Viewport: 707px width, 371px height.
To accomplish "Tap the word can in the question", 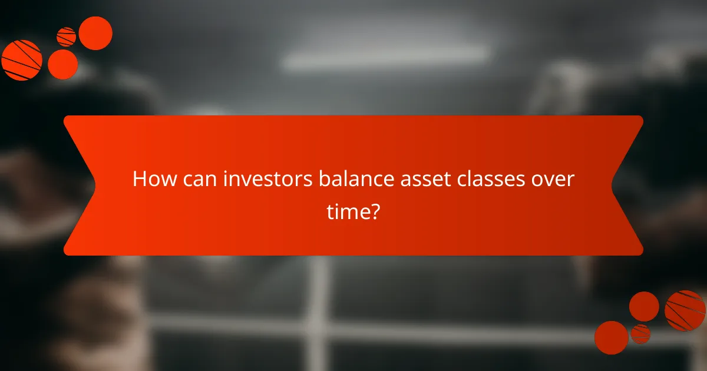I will (199, 179).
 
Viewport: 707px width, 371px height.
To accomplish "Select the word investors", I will (268, 179).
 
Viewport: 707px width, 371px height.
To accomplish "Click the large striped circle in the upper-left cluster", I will (22, 60).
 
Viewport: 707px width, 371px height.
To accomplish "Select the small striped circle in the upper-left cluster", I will (67, 37).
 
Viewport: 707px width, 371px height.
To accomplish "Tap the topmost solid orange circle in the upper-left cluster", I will (95, 33).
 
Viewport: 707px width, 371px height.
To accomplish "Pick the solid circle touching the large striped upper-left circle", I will (62, 64).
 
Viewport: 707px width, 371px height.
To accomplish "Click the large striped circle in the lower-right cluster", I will (685, 310).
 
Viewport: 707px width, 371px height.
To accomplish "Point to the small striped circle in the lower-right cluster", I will (640, 334).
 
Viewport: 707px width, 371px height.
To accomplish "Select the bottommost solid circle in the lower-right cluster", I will (611, 337).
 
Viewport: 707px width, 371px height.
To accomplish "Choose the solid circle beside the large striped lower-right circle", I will (644, 306).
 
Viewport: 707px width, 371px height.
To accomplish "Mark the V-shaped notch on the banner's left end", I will (88, 185).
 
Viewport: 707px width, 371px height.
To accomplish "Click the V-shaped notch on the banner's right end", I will (619, 185).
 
